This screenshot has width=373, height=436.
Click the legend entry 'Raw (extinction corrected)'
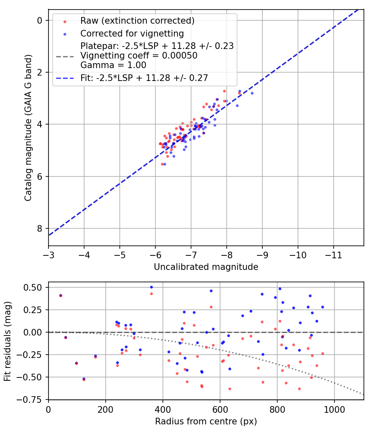click(x=138, y=21)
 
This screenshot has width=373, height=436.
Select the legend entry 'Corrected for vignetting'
click(x=132, y=34)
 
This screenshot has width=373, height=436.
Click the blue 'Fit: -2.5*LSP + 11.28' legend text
click(x=144, y=78)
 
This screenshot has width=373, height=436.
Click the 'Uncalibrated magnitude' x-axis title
click(x=206, y=267)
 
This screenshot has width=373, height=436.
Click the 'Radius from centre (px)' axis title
click(x=206, y=421)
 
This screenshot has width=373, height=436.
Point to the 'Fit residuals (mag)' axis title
click(x=7, y=341)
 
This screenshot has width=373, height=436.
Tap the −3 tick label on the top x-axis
click(x=48, y=253)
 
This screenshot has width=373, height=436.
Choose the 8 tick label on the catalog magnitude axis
click(x=39, y=229)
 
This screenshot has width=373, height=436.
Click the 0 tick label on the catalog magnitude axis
click(x=39, y=20)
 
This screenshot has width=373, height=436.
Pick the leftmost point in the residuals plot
click(x=61, y=296)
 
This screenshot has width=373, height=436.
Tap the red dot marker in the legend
click(x=63, y=21)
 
